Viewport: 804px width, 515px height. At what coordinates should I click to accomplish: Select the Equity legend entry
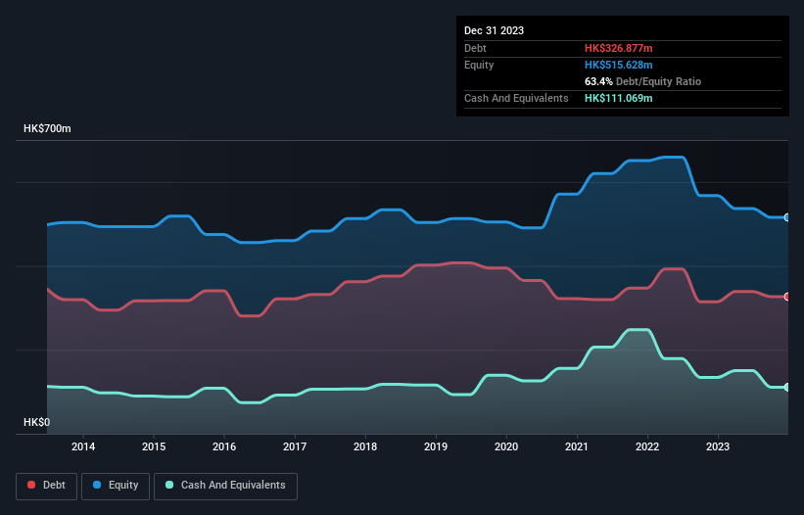pos(116,485)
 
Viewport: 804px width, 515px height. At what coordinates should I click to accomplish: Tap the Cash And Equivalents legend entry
pos(225,485)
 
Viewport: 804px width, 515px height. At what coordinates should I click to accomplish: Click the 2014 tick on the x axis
pos(83,447)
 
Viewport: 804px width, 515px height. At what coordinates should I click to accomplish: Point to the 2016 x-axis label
pos(224,447)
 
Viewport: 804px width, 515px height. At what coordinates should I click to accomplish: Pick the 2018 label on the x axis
pos(365,447)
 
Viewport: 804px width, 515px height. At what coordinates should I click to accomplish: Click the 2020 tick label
pos(506,447)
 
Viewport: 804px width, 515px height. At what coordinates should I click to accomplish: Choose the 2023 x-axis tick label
pos(718,447)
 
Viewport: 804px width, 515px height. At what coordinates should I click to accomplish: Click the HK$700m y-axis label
pos(48,129)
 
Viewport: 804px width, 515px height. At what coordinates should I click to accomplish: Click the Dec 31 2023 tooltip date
pos(494,30)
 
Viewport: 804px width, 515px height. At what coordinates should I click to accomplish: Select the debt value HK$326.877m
pos(618,48)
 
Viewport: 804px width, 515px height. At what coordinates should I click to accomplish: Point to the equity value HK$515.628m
pos(618,65)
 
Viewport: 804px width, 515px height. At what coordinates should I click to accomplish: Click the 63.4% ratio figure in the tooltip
pos(596,81)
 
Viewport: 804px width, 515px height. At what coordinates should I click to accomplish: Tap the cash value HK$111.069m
pos(618,98)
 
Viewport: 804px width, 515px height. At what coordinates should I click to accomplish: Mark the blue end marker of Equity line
pos(787,217)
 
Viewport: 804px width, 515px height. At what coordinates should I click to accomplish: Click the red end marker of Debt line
pos(787,297)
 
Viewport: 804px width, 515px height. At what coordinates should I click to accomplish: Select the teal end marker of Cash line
pos(787,388)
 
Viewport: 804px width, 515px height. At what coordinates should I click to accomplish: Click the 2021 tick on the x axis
pos(577,447)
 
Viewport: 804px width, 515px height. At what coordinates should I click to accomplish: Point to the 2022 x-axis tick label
pos(647,447)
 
